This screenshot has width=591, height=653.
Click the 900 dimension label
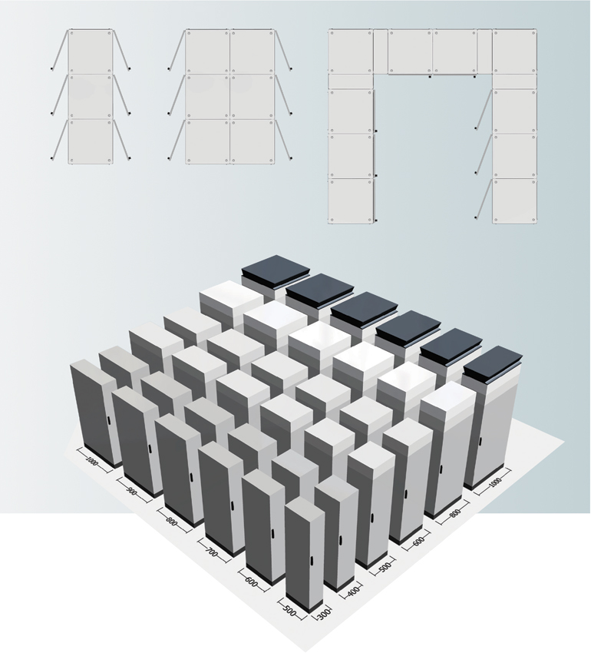point(132,492)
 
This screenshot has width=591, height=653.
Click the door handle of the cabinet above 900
point(150,449)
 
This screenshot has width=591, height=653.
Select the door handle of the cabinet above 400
point(340,539)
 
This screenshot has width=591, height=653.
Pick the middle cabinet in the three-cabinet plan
point(91,97)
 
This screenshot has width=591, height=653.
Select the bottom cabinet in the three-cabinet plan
point(91,142)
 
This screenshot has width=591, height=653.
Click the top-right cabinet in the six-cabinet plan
point(253,51)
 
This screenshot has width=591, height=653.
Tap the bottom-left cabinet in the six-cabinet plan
point(207,142)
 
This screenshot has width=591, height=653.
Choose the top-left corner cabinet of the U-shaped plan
point(351,51)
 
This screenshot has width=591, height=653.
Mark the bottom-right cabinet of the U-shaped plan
point(514,201)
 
